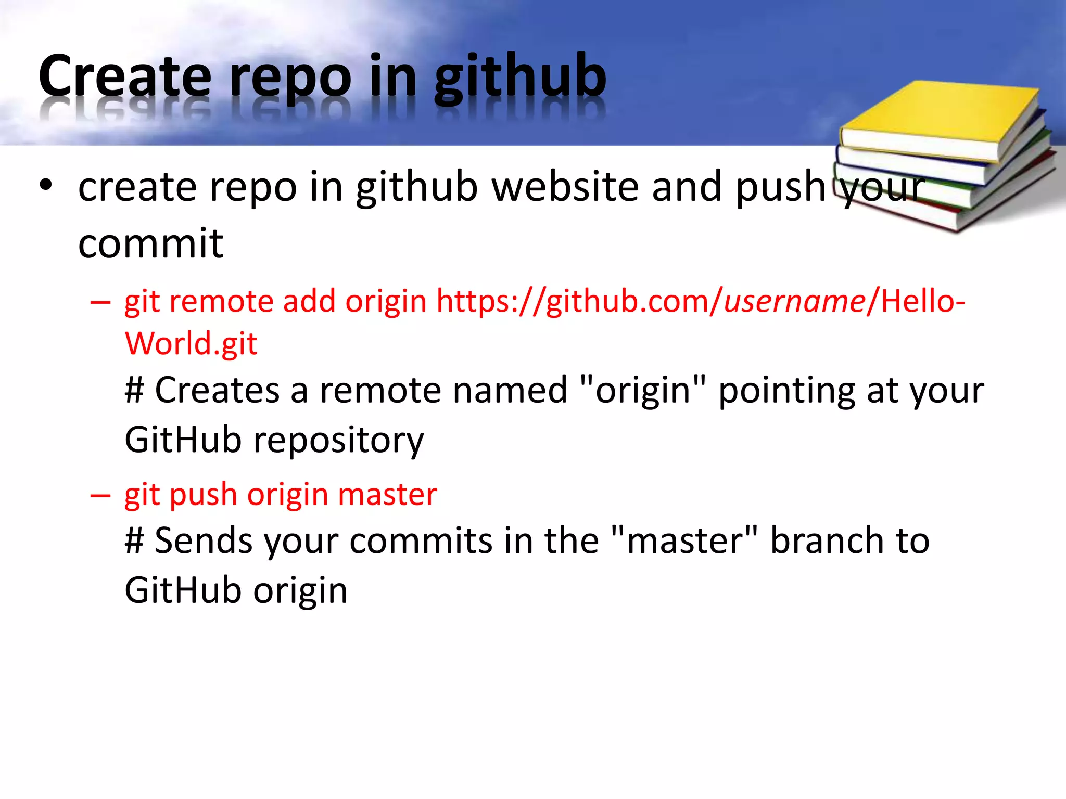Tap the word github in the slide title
coord(520,78)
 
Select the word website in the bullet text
coord(565,187)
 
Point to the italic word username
coord(795,301)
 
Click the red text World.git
coord(191,344)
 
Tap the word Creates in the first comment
coord(217,390)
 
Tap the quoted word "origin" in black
coord(642,390)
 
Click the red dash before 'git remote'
coord(100,302)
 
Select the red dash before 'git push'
coord(100,495)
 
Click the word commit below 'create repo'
coord(151,243)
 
